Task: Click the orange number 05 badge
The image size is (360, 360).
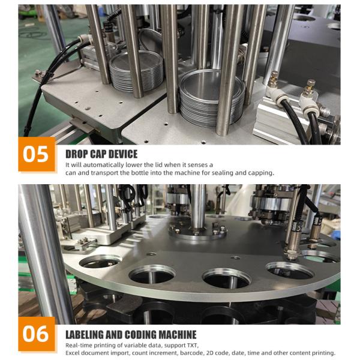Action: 37,154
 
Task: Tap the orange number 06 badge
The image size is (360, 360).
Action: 37,334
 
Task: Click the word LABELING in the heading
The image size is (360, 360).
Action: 85,335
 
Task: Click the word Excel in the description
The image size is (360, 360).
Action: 72,353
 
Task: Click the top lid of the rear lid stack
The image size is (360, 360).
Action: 136,61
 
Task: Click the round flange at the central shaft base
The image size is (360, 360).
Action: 197,232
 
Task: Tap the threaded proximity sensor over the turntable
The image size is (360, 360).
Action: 292,239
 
